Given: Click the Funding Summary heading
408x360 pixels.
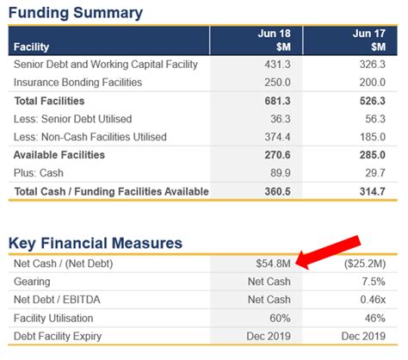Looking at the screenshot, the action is (x=76, y=13).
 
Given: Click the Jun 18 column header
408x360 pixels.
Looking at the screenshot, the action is (x=272, y=40).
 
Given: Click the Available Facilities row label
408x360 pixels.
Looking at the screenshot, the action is (x=59, y=155).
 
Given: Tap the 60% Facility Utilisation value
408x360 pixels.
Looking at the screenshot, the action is (x=281, y=317).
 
